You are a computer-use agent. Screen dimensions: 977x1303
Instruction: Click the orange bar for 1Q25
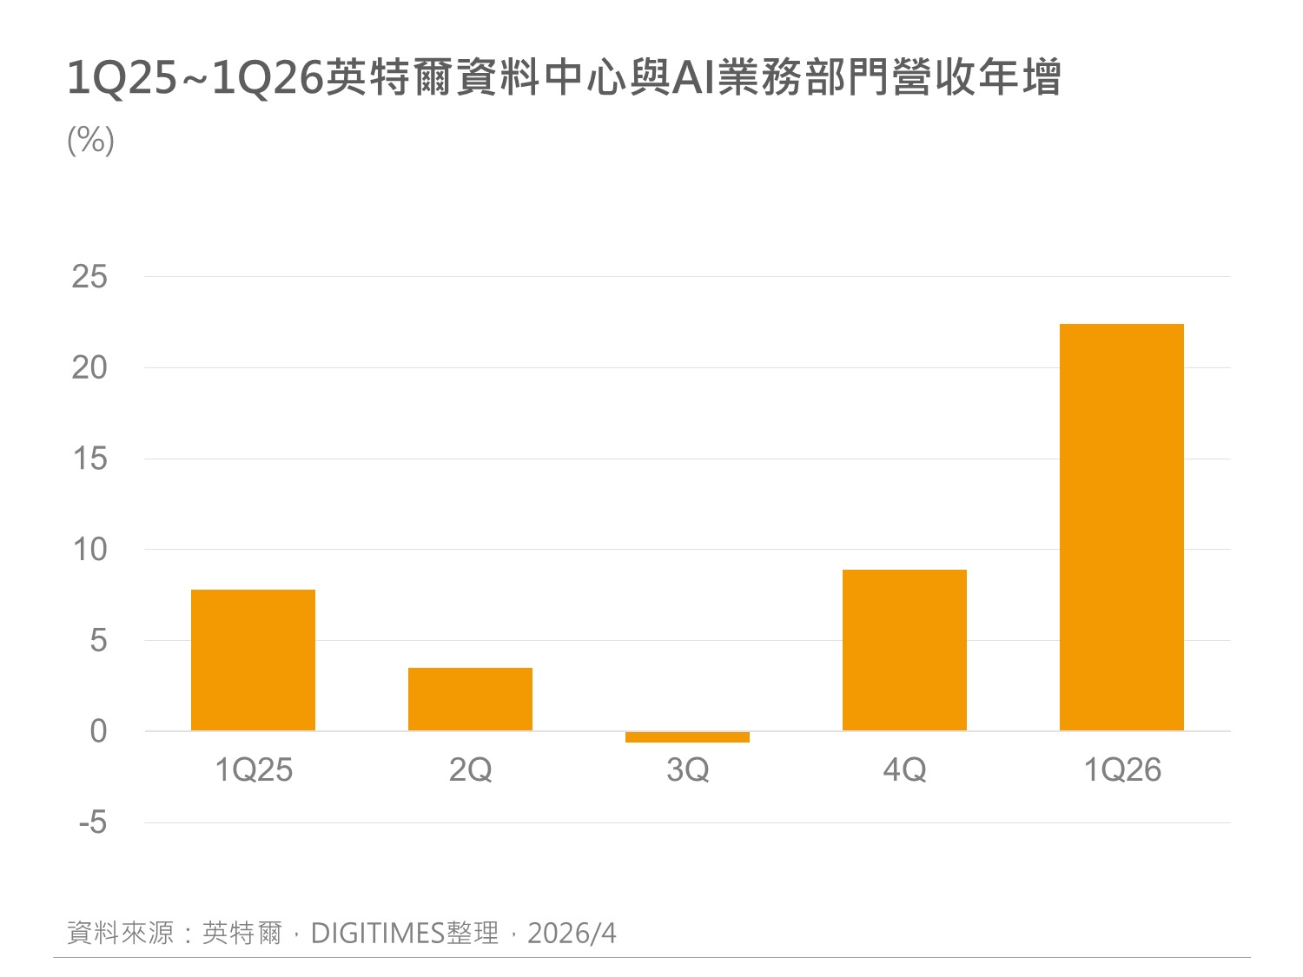pyautogui.click(x=253, y=660)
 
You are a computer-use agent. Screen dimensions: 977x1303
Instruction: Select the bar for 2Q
pyautogui.click(x=470, y=699)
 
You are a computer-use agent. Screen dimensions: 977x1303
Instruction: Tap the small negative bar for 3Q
pyautogui.click(x=687, y=737)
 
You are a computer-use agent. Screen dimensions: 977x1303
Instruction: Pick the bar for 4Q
pyautogui.click(x=904, y=650)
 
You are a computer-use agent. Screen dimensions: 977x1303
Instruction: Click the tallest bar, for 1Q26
pyautogui.click(x=1121, y=527)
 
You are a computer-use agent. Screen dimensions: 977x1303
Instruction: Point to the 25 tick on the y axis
pyautogui.click(x=89, y=277)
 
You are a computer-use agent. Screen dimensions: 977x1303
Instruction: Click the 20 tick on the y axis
pyautogui.click(x=89, y=368)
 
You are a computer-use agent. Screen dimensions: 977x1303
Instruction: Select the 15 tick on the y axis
pyautogui.click(x=89, y=459)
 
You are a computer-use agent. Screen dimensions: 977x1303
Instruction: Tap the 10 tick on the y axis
pyautogui.click(x=89, y=550)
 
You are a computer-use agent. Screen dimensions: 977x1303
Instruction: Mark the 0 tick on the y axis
pyautogui.click(x=98, y=731)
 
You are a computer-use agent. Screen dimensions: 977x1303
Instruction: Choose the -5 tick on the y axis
pyautogui.click(x=92, y=822)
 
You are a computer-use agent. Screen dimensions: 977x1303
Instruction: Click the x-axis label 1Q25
pyautogui.click(x=253, y=770)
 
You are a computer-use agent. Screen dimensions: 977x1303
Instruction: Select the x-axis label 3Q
pyautogui.click(x=687, y=770)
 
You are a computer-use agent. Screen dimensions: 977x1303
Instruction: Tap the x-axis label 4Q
pyautogui.click(x=904, y=770)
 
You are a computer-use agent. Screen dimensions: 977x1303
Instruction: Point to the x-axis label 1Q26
pyautogui.click(x=1121, y=770)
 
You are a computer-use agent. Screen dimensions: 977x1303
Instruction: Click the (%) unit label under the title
pyautogui.click(x=90, y=140)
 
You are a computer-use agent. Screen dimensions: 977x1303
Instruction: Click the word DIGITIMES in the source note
pyautogui.click(x=378, y=934)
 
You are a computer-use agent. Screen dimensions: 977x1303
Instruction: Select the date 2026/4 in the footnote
pyautogui.click(x=572, y=934)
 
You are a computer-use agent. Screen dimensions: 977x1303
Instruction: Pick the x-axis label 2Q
pyautogui.click(x=470, y=770)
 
